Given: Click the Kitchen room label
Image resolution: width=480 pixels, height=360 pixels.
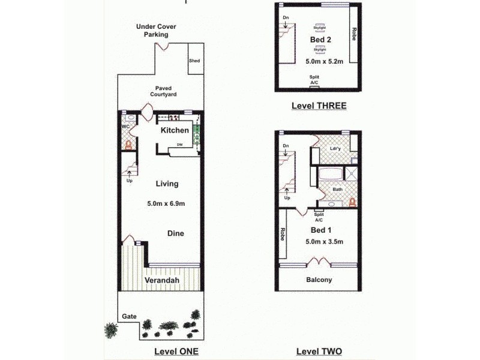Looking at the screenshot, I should [x=175, y=130].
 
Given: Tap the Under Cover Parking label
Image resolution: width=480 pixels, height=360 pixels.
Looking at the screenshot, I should [x=155, y=31].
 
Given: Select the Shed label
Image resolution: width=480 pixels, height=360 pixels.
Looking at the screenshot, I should [x=194, y=61].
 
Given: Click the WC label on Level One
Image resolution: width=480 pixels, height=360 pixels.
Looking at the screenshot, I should [x=126, y=127].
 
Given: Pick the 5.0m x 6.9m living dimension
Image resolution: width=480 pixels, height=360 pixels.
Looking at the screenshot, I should [x=166, y=204].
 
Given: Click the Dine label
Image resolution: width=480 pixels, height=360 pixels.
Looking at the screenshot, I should [x=175, y=233].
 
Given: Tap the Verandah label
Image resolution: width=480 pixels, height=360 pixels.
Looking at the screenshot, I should [x=163, y=280].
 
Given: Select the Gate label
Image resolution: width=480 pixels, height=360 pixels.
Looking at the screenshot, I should [x=128, y=316].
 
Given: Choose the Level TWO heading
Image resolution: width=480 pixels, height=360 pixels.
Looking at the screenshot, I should [x=319, y=351].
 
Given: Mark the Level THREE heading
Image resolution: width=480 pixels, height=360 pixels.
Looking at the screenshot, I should [x=319, y=106].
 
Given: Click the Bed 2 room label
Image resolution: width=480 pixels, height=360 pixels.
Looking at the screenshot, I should [x=320, y=40].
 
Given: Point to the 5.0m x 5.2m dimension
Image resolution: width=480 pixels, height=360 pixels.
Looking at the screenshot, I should [x=323, y=61].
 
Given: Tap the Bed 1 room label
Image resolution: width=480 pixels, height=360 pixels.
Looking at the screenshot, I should [x=320, y=230].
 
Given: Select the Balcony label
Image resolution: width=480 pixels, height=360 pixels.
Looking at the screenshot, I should [x=319, y=280].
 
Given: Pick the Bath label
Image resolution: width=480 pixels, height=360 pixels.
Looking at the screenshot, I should [x=338, y=190].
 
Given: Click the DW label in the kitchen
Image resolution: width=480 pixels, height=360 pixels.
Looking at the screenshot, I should [x=179, y=145].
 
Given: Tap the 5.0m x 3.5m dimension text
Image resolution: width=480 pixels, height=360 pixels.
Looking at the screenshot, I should [x=324, y=242].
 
